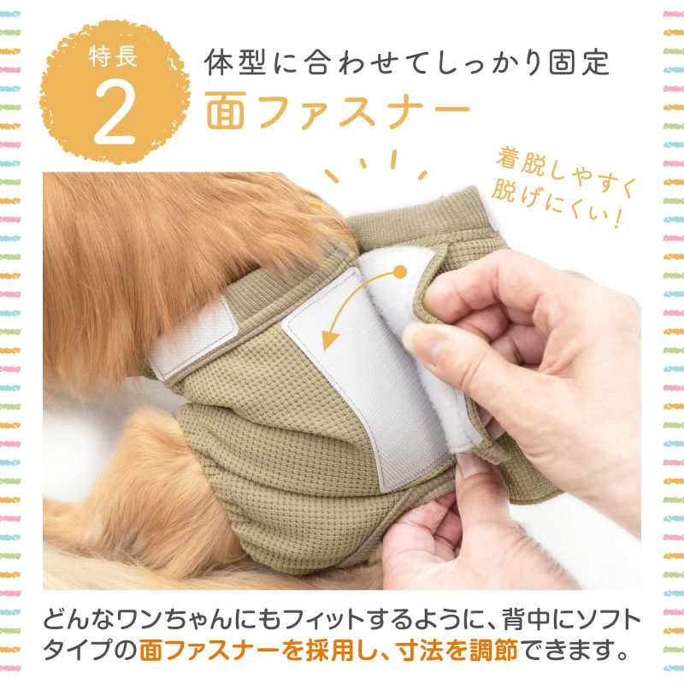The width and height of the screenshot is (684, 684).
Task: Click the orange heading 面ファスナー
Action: pyautogui.click(x=337, y=111)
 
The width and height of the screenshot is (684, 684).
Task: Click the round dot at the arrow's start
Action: pyautogui.click(x=398, y=273)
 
